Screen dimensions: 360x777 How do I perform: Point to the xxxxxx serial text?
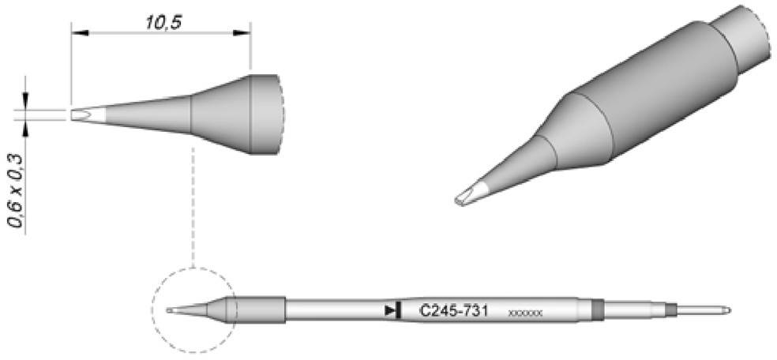coord(526,313)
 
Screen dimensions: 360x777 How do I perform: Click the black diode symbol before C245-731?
coord(390,311)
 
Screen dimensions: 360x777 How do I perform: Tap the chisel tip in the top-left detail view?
coord(78,115)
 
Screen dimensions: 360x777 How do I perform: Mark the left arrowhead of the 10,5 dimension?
coord(76,33)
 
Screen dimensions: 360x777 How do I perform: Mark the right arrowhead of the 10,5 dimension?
coord(246,33)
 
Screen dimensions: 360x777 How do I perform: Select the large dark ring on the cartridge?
coord(597,310)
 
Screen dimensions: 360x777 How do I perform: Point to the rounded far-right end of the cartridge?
coord(726,309)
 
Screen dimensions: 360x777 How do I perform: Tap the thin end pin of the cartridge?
coord(703,309)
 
